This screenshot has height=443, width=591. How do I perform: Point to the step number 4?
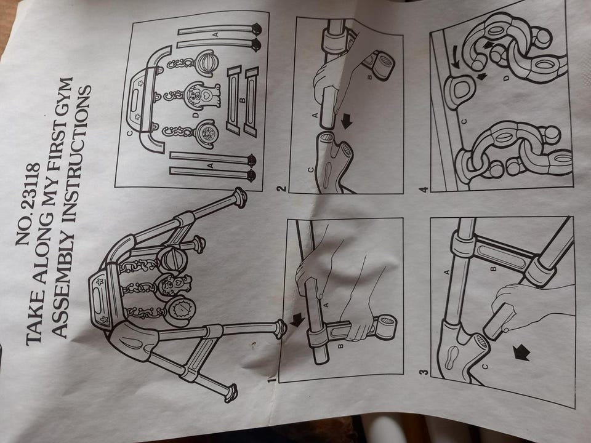[x=424, y=188]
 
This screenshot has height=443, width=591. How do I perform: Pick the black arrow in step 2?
[x=345, y=121]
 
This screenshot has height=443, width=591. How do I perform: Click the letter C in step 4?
[x=464, y=121]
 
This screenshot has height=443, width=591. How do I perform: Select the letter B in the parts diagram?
[x=243, y=100]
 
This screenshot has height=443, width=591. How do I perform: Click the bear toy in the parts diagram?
[x=203, y=95]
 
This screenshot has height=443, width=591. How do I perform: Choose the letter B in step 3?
[x=492, y=269]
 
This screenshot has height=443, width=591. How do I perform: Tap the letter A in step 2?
[x=315, y=114]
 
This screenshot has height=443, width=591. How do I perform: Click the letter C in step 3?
[x=484, y=366]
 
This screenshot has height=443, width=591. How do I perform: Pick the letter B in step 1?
[x=340, y=345]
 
